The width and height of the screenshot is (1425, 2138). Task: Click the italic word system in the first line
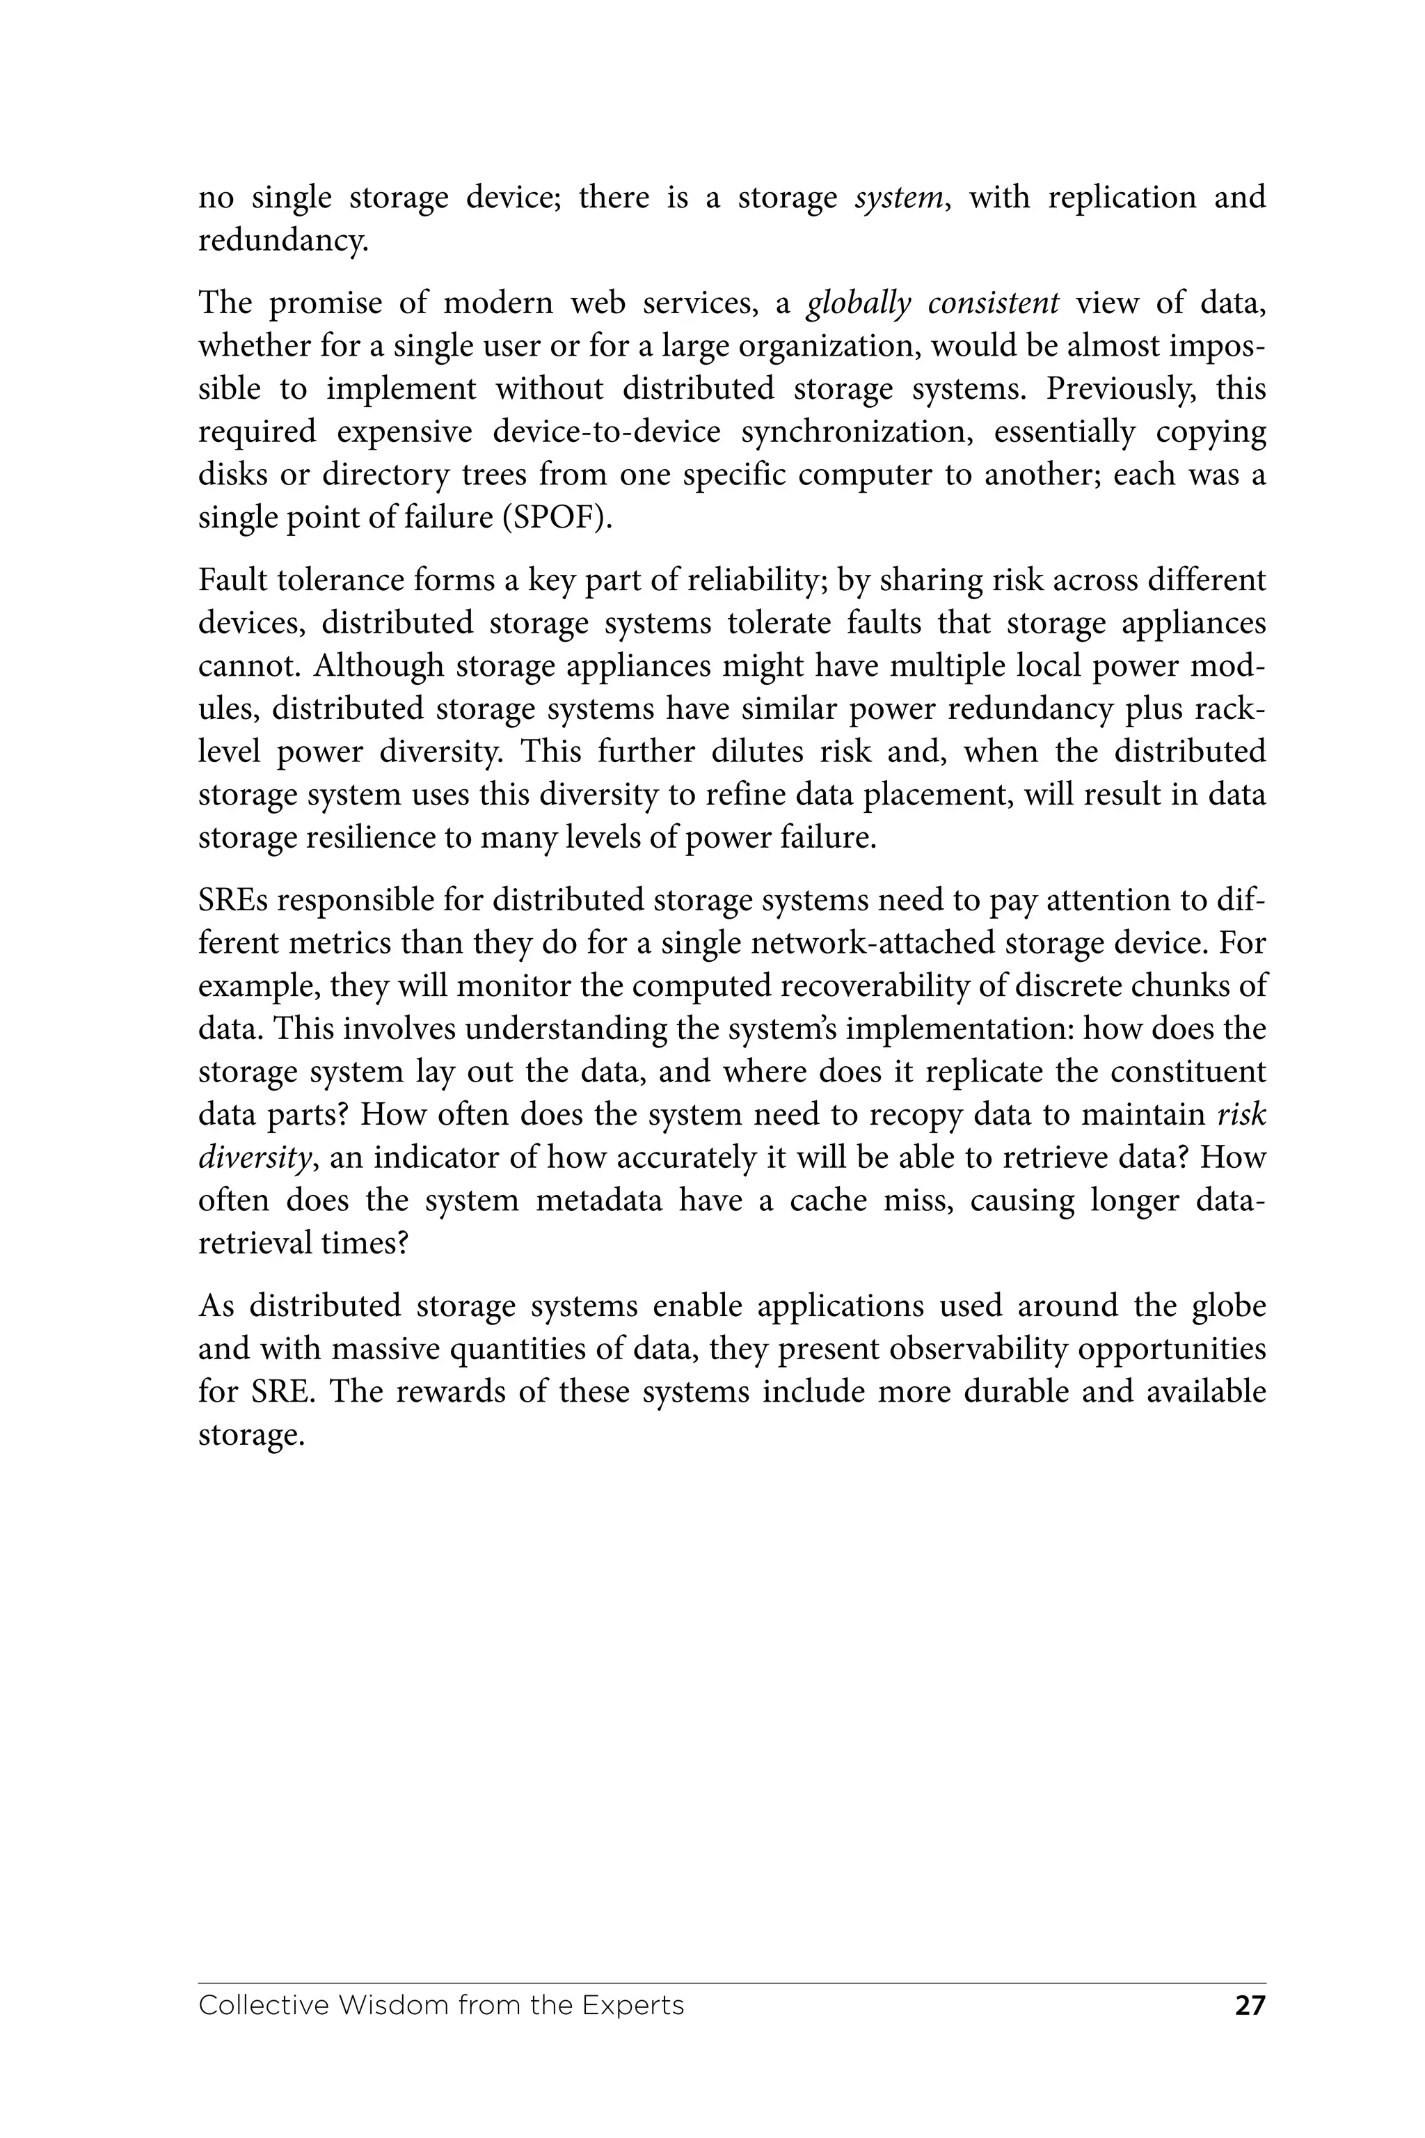(898, 197)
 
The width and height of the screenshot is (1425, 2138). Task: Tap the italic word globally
(858, 303)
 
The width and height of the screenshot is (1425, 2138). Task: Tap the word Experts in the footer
(632, 2005)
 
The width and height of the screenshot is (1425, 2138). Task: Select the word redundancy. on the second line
(282, 241)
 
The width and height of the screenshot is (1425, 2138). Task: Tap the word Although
(377, 666)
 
